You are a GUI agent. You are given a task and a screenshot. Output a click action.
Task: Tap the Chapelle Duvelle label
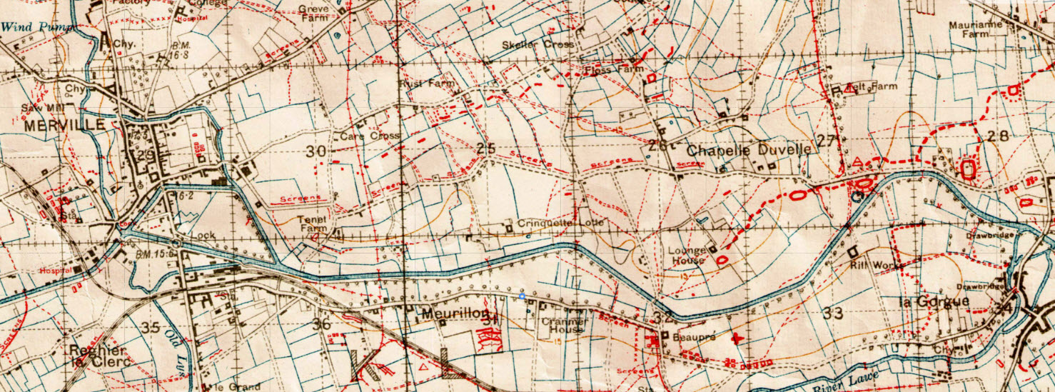(x=749, y=150)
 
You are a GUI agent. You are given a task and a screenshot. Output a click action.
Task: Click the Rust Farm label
(x=425, y=84)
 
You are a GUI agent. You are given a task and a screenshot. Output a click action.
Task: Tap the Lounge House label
(x=687, y=255)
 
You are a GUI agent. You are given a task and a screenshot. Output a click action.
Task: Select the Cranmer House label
(x=565, y=326)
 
